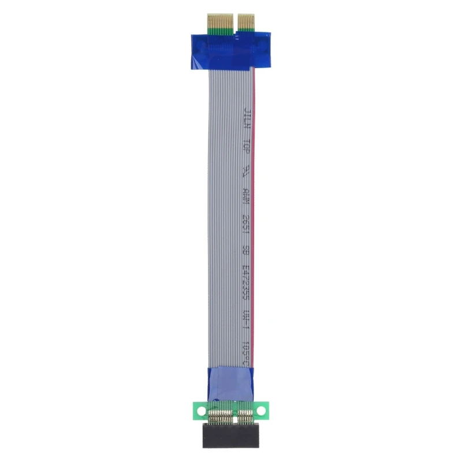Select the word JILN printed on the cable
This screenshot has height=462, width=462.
pos(247,117)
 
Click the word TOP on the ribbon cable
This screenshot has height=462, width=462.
pos(247,145)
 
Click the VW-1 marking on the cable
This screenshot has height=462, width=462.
pos(247,321)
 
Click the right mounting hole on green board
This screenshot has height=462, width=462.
pos(261,411)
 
